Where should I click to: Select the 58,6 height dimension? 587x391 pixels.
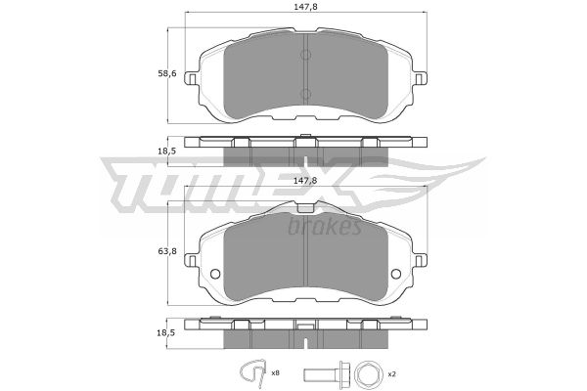pyautogui.click(x=167, y=74)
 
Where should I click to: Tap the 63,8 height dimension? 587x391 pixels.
pyautogui.click(x=167, y=251)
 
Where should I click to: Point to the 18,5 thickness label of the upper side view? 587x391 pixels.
pyautogui.click(x=167, y=152)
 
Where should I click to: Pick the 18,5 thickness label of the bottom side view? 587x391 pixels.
pyautogui.click(x=167, y=332)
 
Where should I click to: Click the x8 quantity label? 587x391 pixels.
pyautogui.click(x=276, y=373)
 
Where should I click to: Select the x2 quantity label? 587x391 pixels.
pyautogui.click(x=392, y=373)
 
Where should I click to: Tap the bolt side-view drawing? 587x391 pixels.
pyautogui.click(x=325, y=373)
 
